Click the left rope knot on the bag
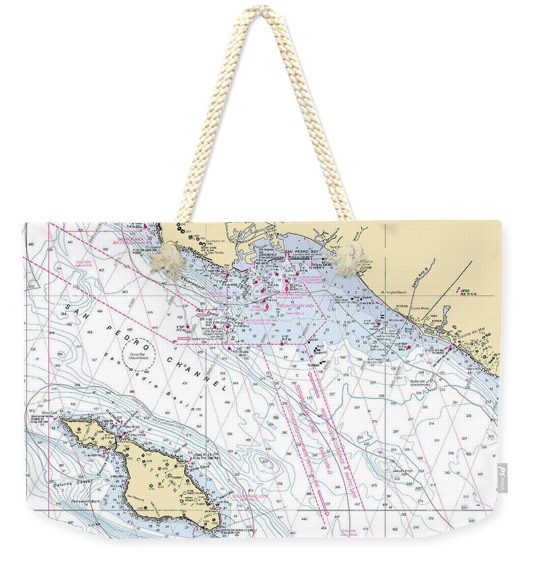click(167, 259)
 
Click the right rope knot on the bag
click(348, 259)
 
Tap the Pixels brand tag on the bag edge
click(502, 477)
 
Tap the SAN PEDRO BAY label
click(299, 252)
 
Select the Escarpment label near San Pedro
click(191, 285)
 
